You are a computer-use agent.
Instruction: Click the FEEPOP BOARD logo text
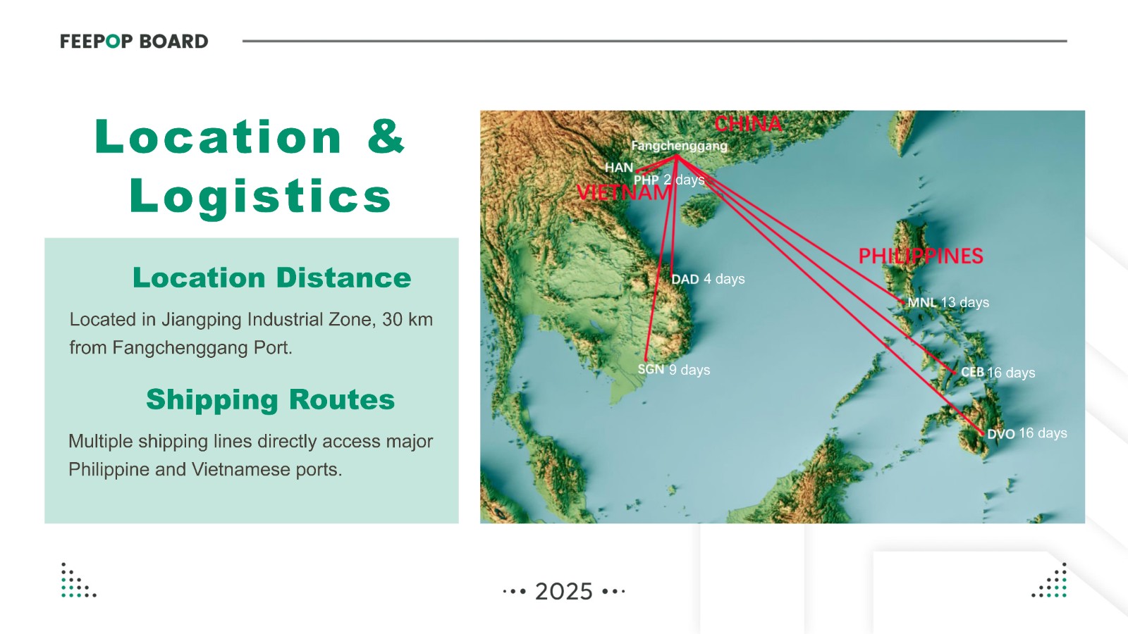pyautogui.click(x=134, y=42)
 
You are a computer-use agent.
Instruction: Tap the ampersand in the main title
pyautogui.click(x=386, y=136)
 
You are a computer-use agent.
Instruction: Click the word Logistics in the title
pyautogui.click(x=260, y=197)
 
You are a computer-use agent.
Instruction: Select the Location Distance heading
pyautogui.click(x=272, y=278)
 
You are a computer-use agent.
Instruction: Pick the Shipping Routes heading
pyautogui.click(x=271, y=400)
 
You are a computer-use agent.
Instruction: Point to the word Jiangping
pyautogui.click(x=202, y=320)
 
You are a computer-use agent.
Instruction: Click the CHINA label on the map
pyautogui.click(x=748, y=124)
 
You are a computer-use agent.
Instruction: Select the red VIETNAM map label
pyautogui.click(x=624, y=193)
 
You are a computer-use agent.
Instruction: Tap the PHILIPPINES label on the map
pyautogui.click(x=921, y=256)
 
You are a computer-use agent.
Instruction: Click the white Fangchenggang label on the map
pyautogui.click(x=680, y=146)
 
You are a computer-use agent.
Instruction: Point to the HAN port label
pyautogui.click(x=619, y=168)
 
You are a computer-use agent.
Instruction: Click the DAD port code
pyautogui.click(x=685, y=279)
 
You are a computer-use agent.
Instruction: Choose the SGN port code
pyautogui.click(x=651, y=369)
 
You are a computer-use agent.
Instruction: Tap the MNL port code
pyautogui.click(x=922, y=302)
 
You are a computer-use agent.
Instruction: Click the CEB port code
pyautogui.click(x=972, y=373)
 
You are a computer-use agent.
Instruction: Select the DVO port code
pyautogui.click(x=1001, y=434)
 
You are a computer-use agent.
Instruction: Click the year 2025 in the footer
pyautogui.click(x=564, y=592)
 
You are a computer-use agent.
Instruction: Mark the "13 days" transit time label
pyautogui.click(x=965, y=302)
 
